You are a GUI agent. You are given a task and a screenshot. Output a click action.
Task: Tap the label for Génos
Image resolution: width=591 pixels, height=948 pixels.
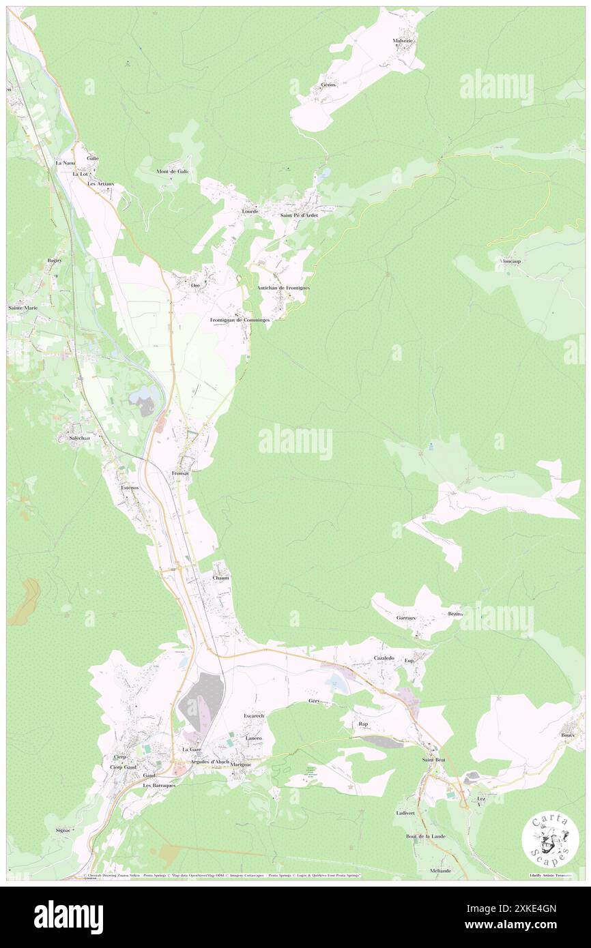[x=328, y=85]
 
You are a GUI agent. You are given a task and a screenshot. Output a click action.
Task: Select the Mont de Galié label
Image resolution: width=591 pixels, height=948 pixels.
[x=173, y=171]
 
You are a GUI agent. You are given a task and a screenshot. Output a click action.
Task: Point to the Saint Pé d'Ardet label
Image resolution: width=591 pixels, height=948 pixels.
[x=299, y=216]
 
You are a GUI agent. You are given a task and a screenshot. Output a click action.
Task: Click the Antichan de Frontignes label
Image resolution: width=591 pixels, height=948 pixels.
[x=283, y=288]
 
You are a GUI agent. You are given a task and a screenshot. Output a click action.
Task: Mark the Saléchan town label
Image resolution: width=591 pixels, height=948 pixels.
[x=81, y=439]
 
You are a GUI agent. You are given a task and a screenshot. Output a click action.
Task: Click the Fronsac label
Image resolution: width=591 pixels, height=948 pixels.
[x=181, y=473]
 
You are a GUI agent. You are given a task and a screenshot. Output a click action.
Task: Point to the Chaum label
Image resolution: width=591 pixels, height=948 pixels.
[x=220, y=578]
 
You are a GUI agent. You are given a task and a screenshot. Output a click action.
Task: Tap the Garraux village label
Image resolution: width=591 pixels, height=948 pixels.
[x=407, y=618]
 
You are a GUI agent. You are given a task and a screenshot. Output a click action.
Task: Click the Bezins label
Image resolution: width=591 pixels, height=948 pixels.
[x=456, y=614]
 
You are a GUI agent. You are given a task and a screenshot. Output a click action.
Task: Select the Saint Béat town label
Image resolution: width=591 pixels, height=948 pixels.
[x=433, y=760]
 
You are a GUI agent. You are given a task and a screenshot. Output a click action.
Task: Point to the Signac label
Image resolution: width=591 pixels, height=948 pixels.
[x=64, y=830]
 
